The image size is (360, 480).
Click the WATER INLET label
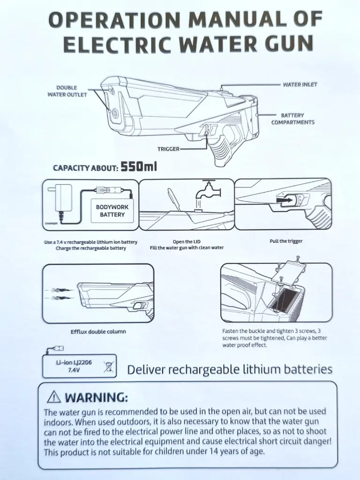coord(300,84)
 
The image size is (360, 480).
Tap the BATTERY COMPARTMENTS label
coord(292,119)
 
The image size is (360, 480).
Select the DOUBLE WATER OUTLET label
coord(67,91)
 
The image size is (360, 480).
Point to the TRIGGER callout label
coord(168,149)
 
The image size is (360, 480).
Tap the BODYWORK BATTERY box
coord(112,210)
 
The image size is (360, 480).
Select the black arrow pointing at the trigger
coord(284,200)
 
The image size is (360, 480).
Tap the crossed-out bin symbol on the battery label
coord(108,367)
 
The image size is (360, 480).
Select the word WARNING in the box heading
coord(95,397)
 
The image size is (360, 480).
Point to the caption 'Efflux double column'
coord(98,331)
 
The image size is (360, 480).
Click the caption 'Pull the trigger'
coord(286,241)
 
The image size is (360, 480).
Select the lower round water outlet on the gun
coord(114,113)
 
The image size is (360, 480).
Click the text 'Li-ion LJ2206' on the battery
coord(74,362)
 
